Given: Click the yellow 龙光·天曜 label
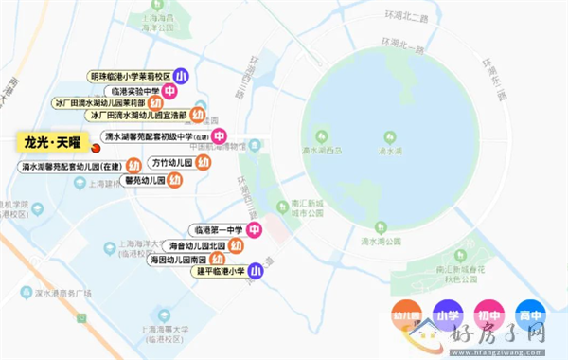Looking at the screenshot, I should point(53,142).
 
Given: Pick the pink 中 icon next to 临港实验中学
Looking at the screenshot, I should point(169,91).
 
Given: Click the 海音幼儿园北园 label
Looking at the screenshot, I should point(198,244).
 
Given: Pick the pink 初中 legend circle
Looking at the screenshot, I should point(488,315).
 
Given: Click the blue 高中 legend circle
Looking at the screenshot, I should point(529,315).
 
